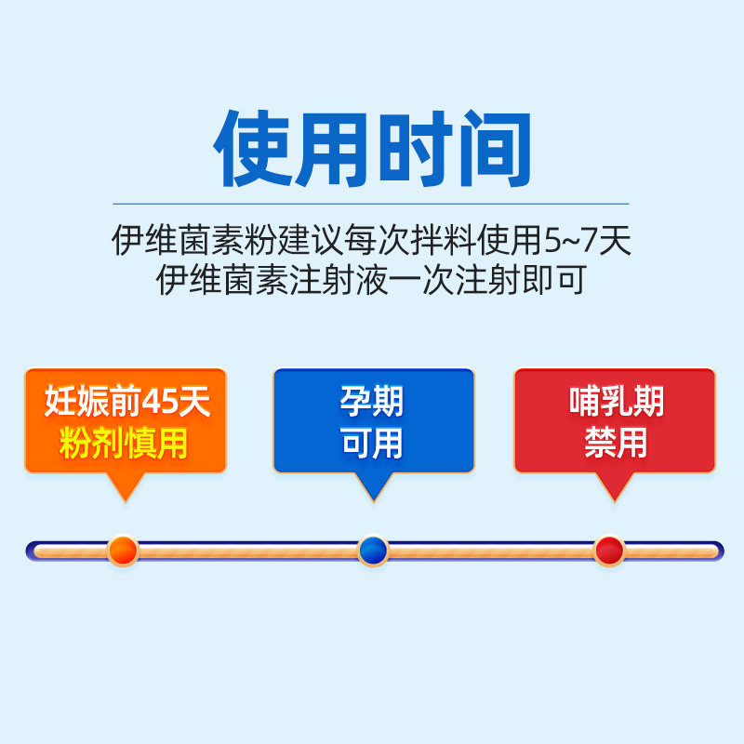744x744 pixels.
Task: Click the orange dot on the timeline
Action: pos(123,551)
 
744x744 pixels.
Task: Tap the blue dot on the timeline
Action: pos(372,551)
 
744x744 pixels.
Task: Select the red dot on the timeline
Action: pos(609,551)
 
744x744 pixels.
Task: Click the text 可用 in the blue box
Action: pos(372,443)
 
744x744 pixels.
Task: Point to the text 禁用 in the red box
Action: pos(616,443)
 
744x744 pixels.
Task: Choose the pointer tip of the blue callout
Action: pos(372,499)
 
